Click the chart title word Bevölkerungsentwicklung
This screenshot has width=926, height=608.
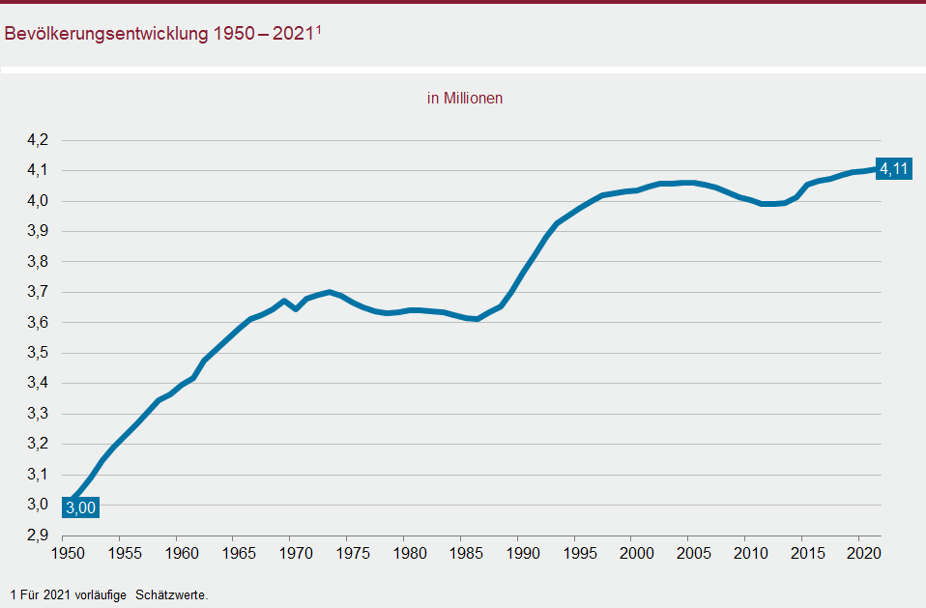tap(105, 33)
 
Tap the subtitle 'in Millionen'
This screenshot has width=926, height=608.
tap(465, 98)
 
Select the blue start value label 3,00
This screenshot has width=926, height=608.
tap(80, 506)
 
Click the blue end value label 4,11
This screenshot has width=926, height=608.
tap(894, 170)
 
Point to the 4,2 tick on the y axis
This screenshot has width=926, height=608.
tap(38, 140)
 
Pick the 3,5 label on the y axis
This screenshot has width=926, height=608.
tap(38, 353)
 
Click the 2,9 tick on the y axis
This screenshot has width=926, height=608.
tap(38, 535)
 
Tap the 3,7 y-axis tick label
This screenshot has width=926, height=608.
tap(38, 292)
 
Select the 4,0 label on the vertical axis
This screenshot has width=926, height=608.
tap(38, 201)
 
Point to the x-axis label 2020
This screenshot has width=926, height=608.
tap(859, 554)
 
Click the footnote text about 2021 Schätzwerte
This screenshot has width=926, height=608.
tap(108, 594)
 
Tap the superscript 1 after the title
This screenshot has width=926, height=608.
tap(318, 29)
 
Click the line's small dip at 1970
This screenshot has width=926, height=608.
tap(295, 308)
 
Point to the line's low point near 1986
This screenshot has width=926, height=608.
tap(477, 319)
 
